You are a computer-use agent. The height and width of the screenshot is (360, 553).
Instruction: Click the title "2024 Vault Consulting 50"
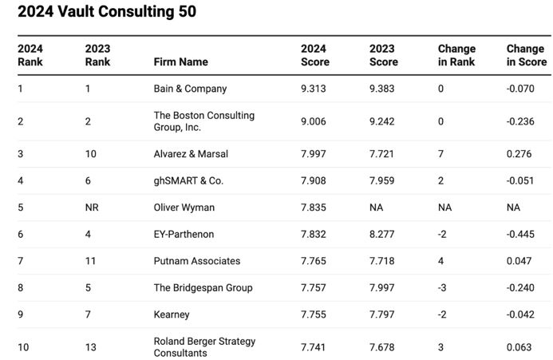tap(106, 12)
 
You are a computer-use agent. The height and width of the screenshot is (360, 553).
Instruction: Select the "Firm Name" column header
tap(180, 62)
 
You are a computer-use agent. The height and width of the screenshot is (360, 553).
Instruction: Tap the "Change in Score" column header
tap(526, 55)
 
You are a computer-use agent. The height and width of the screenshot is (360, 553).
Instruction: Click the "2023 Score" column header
tap(383, 55)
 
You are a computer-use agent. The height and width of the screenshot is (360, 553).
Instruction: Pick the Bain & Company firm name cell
tap(190, 89)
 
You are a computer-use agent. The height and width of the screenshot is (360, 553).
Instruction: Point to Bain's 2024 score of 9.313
tap(314, 89)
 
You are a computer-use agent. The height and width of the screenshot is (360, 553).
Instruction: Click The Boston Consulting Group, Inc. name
tap(203, 121)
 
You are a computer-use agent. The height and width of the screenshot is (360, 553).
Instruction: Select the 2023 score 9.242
tap(383, 121)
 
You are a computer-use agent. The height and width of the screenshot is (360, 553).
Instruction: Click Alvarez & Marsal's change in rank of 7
tap(440, 154)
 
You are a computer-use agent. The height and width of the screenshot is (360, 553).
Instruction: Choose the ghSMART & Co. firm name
tap(188, 181)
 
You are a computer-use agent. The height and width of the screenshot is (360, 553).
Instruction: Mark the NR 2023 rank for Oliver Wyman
tap(92, 208)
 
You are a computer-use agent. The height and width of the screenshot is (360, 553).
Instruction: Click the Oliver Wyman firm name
tap(184, 208)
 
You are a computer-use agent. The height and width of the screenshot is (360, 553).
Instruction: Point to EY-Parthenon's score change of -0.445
tap(520, 235)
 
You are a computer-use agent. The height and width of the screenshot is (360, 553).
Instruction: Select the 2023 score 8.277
tap(383, 235)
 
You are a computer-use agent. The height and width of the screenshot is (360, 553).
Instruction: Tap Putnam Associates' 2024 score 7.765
tap(314, 261)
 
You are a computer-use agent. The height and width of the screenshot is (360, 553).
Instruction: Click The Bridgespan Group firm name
tap(203, 288)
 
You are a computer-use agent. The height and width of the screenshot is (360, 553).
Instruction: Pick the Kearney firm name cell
tap(172, 315)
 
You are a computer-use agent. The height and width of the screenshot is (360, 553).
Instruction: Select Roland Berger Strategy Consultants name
tap(204, 346)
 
